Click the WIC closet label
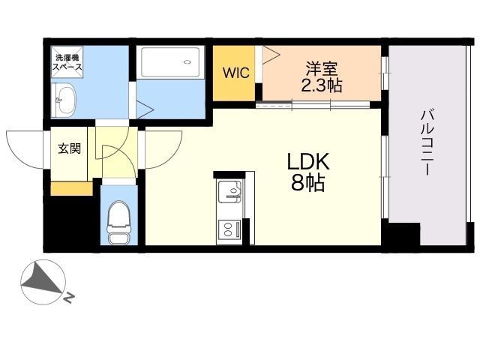tap(236, 73)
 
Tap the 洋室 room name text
tap(322, 69)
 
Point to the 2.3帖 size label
tap(322, 85)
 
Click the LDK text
tap(308, 161)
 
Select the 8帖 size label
tap(307, 183)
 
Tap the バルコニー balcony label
tap(427, 142)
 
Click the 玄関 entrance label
tap(70, 148)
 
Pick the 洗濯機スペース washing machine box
tap(67, 62)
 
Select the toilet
tap(118, 223)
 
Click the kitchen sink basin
tap(229, 191)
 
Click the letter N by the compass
tap(69, 298)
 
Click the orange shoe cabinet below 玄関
tap(72, 188)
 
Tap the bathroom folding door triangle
tap(144, 109)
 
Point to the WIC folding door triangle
tap(271, 55)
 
